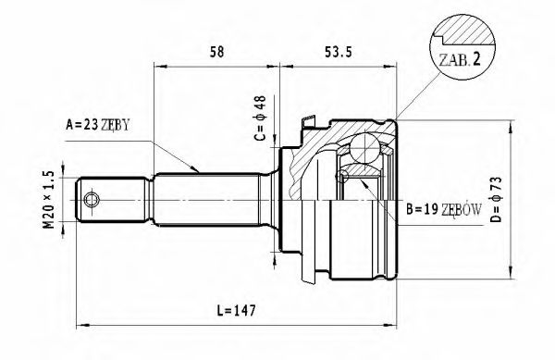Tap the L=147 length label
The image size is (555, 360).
click(238, 310)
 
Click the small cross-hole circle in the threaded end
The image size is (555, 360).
click(92, 199)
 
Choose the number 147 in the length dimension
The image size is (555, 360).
click(245, 310)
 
